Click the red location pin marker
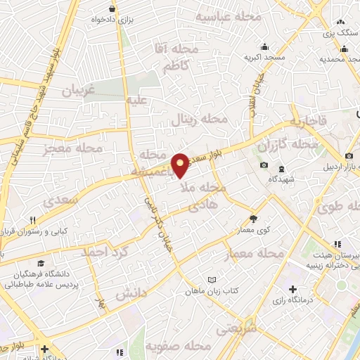pos(181,165)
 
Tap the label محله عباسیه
pos(229,16)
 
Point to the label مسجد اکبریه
pos(263,58)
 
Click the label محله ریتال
pos(200,120)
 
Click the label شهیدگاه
pos(281,179)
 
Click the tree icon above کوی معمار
pos(253,219)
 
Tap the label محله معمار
pos(253,252)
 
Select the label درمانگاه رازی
pos(292,300)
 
